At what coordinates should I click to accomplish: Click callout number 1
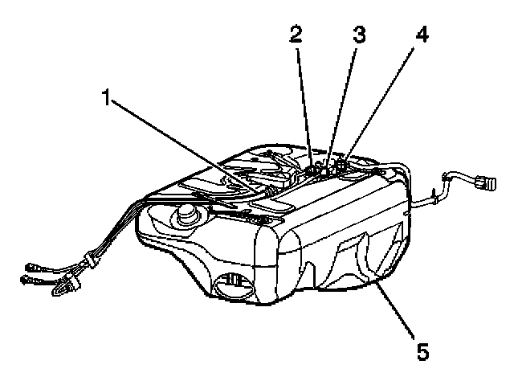pyautogui.click(x=106, y=99)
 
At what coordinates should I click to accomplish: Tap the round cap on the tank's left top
pyautogui.click(x=186, y=213)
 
